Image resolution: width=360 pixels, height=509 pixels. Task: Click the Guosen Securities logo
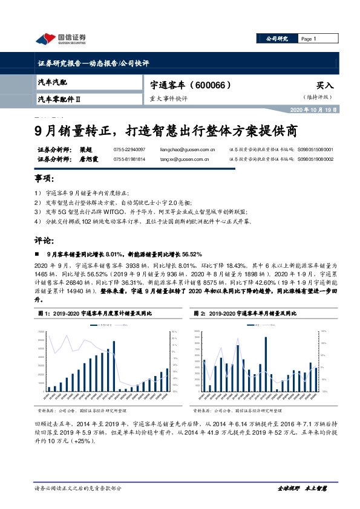[60, 39]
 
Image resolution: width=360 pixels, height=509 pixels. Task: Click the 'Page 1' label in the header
[309, 39]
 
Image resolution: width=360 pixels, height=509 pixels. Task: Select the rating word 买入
[324, 86]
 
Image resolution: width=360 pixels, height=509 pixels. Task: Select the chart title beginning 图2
[249, 314]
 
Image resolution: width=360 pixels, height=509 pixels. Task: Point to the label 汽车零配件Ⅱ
[64, 98]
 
